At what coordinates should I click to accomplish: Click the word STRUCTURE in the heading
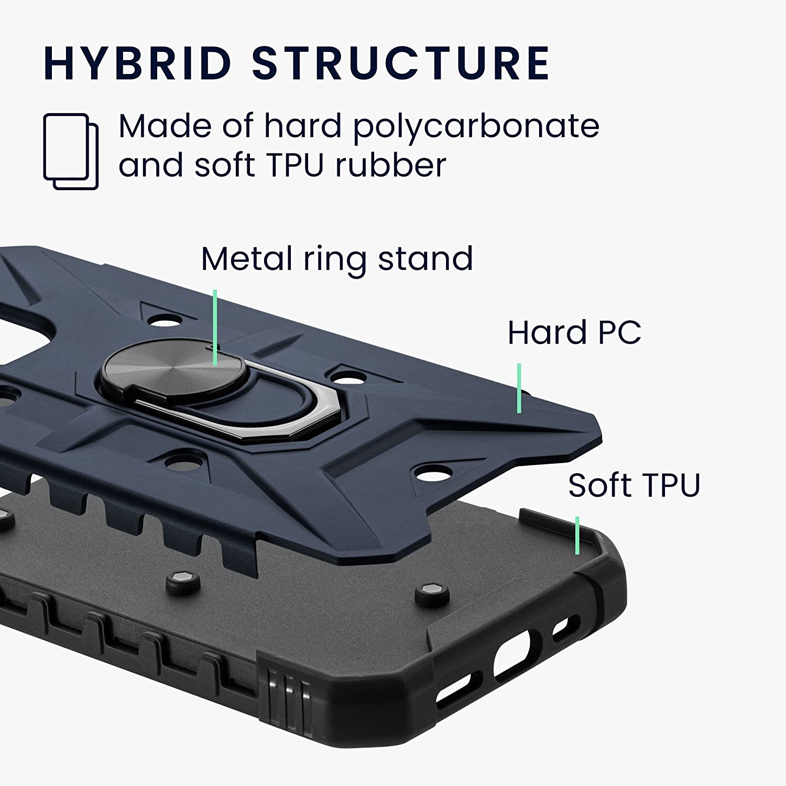401,63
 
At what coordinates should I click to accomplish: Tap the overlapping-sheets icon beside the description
71,151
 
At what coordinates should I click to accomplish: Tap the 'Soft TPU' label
634,485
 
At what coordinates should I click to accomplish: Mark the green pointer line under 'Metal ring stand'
215,327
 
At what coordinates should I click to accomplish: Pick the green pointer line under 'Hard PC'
519,388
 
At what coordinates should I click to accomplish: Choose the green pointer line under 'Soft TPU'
577,535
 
